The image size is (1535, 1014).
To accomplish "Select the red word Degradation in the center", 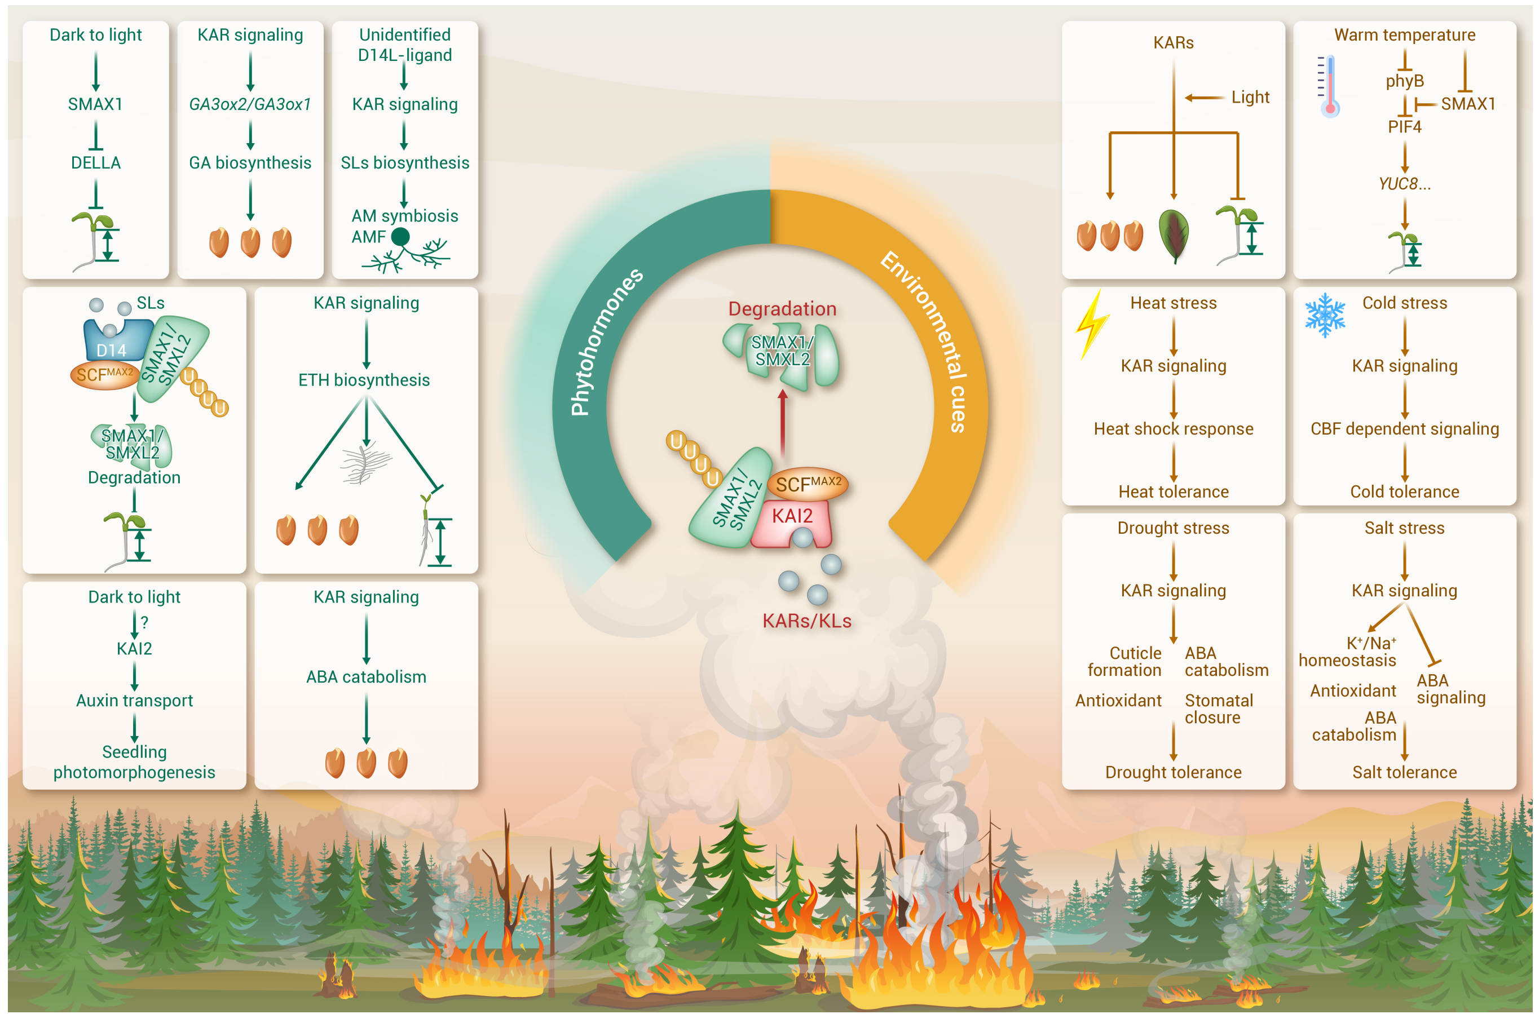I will [x=782, y=308].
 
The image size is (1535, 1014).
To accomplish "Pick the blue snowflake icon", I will [x=1324, y=315].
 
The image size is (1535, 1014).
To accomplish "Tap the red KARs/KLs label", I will [x=806, y=621].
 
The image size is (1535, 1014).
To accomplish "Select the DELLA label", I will [x=96, y=162].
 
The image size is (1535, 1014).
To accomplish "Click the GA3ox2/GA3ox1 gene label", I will [x=250, y=104].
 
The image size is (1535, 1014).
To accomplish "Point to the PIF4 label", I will [x=1404, y=127].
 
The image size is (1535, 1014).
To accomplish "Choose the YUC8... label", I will [x=1404, y=184].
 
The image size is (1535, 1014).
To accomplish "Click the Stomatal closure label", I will [x=1218, y=709].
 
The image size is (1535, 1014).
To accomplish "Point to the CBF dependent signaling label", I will [x=1404, y=429].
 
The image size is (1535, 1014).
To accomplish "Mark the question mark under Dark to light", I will [x=144, y=622].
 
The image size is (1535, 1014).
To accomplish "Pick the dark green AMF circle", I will [x=401, y=237].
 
